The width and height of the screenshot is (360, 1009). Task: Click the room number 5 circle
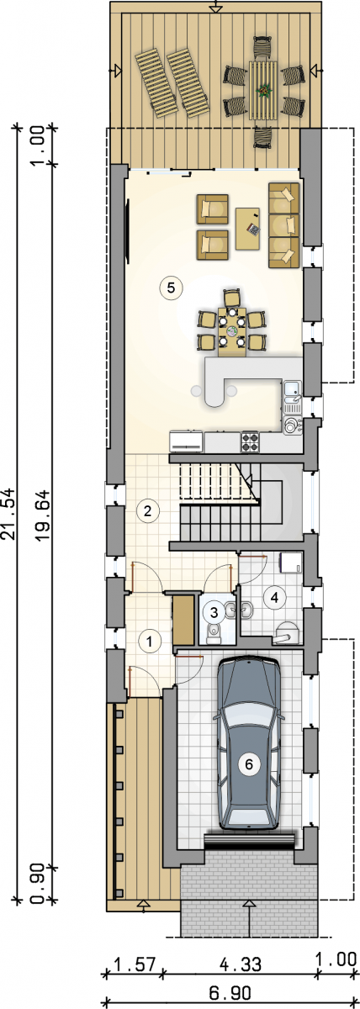click(x=171, y=287)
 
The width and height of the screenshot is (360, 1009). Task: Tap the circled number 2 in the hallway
click(x=147, y=511)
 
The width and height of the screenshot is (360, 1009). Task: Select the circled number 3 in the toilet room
click(x=214, y=612)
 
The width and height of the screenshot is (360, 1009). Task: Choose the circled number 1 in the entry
click(x=149, y=640)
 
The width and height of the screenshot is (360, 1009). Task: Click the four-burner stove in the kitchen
click(x=251, y=442)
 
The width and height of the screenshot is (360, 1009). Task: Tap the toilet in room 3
click(x=213, y=632)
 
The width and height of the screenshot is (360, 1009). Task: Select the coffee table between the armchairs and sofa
click(x=248, y=228)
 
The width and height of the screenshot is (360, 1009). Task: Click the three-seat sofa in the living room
click(x=283, y=225)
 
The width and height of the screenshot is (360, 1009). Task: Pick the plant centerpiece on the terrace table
click(x=262, y=91)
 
